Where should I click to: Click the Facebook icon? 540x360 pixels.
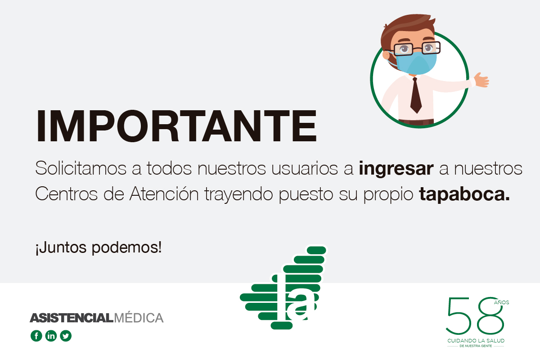(36, 336)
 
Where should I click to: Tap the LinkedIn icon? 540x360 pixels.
(51, 336)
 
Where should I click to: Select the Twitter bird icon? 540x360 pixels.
(66, 336)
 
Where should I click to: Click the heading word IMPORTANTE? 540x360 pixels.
(176, 126)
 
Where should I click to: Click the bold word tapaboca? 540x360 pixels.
(464, 194)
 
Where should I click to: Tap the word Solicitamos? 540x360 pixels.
(81, 168)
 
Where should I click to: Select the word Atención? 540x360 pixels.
(164, 193)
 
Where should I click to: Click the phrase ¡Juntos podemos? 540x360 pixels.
(99, 247)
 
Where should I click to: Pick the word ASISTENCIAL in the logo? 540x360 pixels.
(72, 318)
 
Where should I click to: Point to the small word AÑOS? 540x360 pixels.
(501, 302)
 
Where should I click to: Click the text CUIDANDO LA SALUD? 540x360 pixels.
(476, 341)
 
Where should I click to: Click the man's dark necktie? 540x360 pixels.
(416, 95)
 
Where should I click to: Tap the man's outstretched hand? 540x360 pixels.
(481, 80)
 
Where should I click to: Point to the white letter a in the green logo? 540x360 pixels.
(301, 307)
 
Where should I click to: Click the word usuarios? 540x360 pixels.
(305, 168)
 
